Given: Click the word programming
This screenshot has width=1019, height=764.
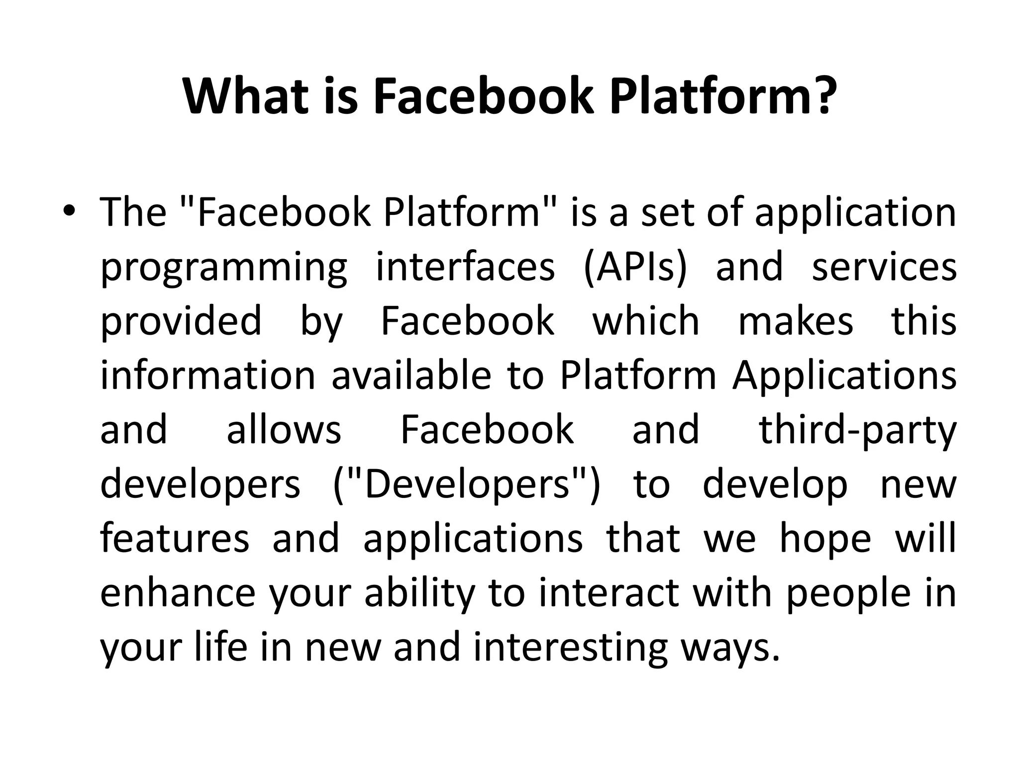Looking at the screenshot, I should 224,269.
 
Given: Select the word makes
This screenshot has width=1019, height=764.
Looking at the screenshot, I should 796,321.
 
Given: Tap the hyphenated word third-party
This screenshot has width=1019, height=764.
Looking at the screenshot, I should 857,431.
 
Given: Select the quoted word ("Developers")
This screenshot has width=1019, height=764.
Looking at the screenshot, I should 467,484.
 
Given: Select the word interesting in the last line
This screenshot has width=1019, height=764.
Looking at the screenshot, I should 570,649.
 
